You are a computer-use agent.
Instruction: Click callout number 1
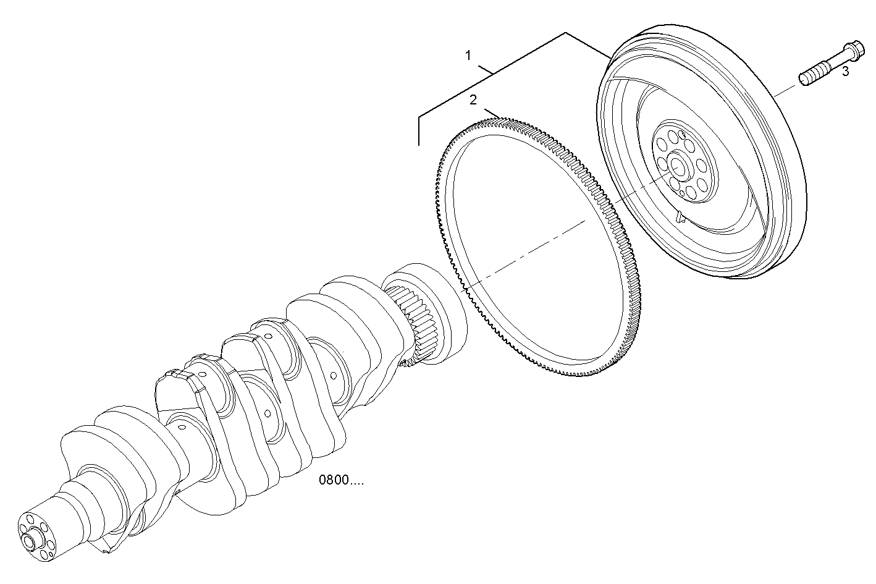tap(468, 56)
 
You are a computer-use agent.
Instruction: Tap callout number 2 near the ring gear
tap(473, 99)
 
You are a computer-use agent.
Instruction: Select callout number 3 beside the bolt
tap(845, 72)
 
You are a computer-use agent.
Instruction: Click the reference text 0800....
tap(340, 480)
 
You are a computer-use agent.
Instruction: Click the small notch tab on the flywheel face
tap(680, 217)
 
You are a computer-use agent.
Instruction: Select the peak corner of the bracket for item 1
tap(566, 32)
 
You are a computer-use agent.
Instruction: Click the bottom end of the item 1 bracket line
tap(418, 144)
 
